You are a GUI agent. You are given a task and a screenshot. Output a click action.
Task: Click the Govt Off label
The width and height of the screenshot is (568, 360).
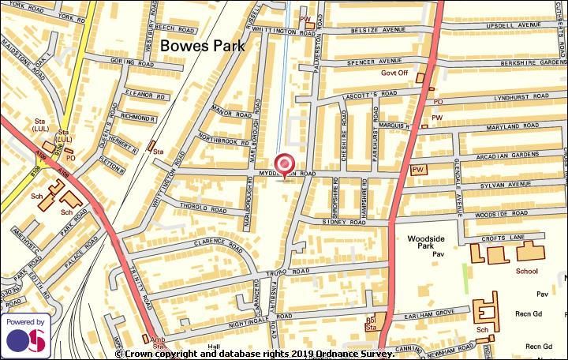pyautogui.click(x=394, y=73)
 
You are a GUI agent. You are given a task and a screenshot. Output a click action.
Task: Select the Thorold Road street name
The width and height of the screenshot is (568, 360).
pyautogui.click(x=204, y=209)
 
